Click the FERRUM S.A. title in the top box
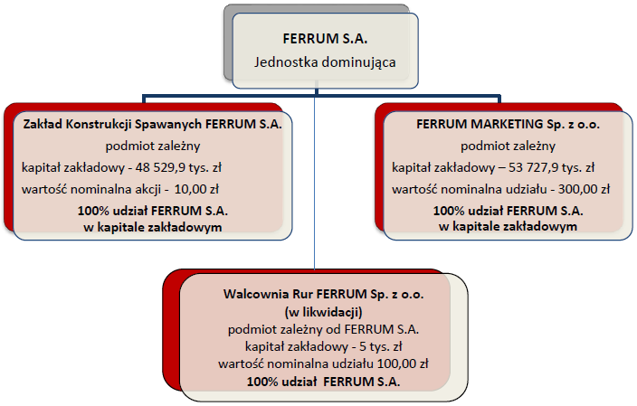point(325,39)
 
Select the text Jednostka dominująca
point(325,62)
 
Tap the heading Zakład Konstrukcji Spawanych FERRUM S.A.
point(152,124)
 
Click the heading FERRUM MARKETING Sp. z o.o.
point(508,124)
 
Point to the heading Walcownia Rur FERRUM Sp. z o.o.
point(323,294)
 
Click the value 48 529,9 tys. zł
point(178,167)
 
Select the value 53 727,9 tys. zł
point(551,167)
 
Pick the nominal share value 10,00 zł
point(196,189)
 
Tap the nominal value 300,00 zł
point(584,189)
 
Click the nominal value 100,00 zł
point(403,364)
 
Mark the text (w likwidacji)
point(323,312)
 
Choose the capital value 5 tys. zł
point(381,346)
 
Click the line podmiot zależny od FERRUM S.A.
point(323,329)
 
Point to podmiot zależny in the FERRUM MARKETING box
point(508,146)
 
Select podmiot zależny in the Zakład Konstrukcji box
point(153,146)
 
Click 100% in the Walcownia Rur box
point(262,382)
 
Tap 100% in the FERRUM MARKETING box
point(449,211)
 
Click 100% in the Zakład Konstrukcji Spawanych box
point(93,211)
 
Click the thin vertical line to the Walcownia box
point(315,179)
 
